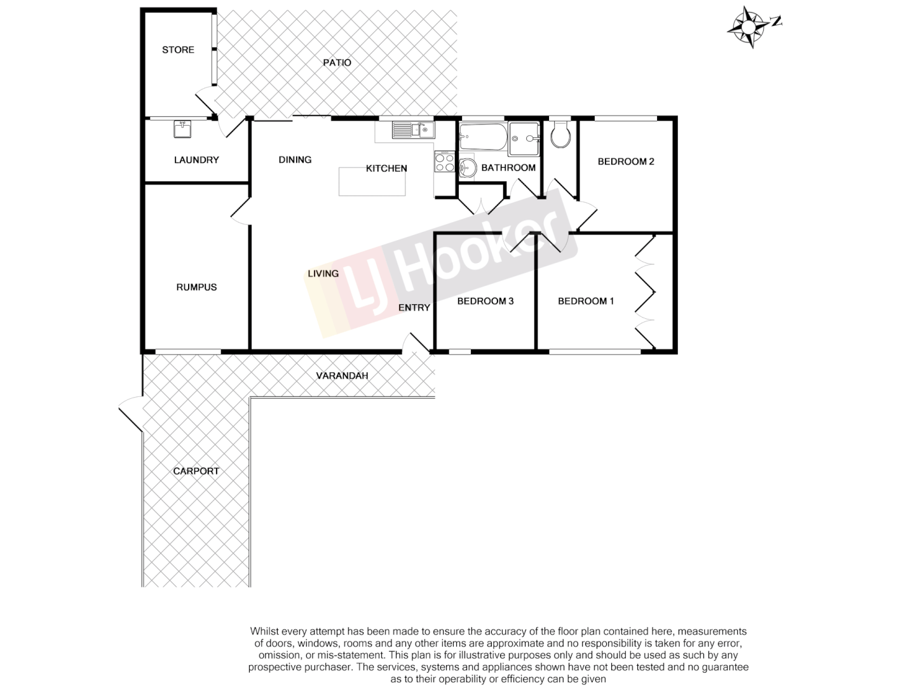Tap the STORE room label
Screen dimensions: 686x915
[x=178, y=50]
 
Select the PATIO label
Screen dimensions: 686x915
[x=337, y=62]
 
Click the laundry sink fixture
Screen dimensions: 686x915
[x=182, y=129]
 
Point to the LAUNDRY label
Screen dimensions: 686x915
[x=196, y=160]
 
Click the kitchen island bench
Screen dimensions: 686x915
[x=372, y=182]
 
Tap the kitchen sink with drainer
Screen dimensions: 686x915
[x=412, y=130]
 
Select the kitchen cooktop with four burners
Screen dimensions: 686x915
[x=444, y=162]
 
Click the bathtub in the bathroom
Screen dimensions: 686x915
[x=482, y=136]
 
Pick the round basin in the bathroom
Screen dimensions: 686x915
[x=468, y=168]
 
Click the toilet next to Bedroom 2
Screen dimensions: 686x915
[x=560, y=135]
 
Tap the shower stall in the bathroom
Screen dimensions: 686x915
[x=524, y=138]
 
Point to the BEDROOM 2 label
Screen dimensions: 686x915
[x=626, y=161]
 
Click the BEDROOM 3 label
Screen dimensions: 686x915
[x=485, y=301]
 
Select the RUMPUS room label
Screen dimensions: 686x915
[x=196, y=287]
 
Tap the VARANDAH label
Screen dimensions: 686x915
[x=342, y=375]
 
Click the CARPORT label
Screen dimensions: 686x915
[x=196, y=471]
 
